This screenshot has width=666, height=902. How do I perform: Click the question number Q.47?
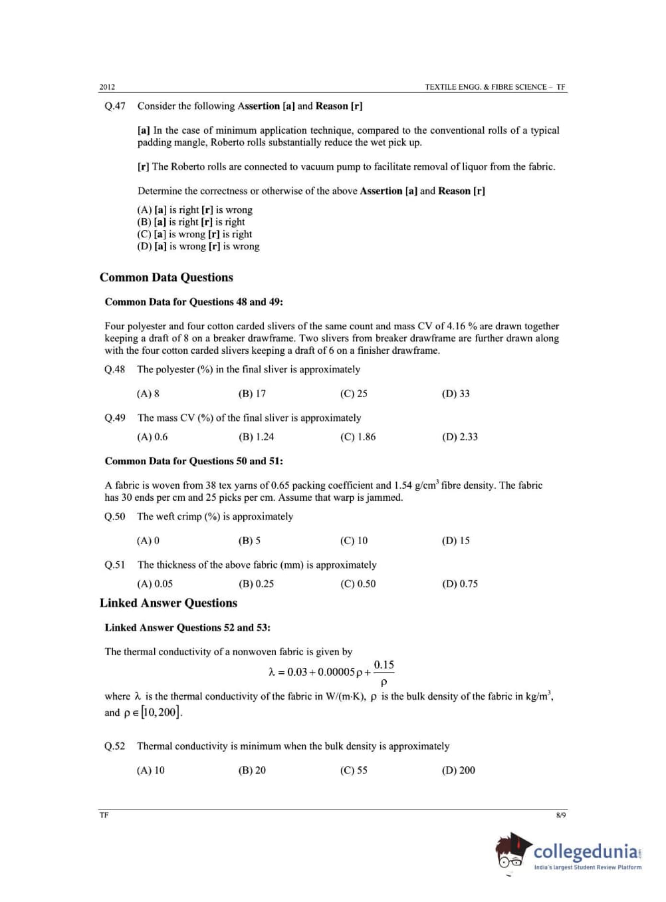point(115,106)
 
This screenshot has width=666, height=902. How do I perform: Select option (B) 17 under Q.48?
point(252,394)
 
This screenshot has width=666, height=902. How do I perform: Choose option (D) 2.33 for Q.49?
point(459,437)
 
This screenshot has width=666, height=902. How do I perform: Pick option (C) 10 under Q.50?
point(354,541)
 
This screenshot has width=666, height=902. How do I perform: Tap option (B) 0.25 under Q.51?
point(256,584)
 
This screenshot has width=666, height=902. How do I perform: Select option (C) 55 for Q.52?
point(354,770)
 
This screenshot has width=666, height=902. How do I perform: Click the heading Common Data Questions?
point(166,278)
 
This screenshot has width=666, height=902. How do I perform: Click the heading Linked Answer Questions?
point(168,603)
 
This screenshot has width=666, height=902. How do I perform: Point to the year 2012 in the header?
point(107,87)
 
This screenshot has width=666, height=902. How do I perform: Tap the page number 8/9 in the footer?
point(561,816)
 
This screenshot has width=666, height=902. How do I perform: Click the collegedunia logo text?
point(586,852)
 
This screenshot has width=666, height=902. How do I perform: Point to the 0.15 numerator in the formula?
point(384,665)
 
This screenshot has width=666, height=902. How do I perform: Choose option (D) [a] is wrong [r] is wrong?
point(198,247)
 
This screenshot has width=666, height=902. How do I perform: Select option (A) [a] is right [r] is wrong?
point(195,210)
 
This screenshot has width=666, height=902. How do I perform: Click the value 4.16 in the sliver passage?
point(456,326)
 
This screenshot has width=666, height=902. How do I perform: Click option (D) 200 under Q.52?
point(458,770)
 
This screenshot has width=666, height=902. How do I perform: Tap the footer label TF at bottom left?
point(104,816)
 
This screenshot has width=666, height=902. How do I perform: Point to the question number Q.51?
point(115,565)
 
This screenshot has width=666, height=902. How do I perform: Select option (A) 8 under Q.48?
point(148,394)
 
